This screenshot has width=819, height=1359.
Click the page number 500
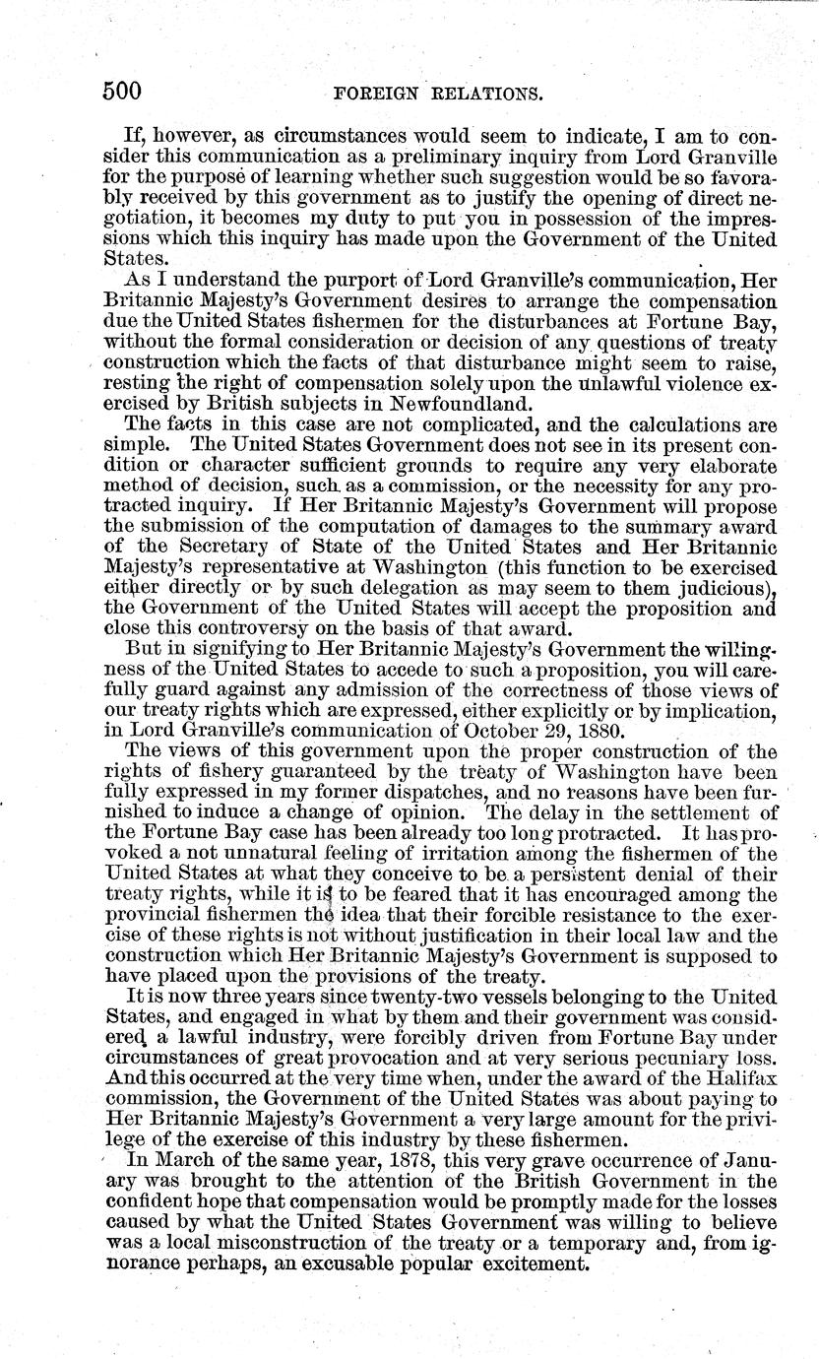tap(123, 92)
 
